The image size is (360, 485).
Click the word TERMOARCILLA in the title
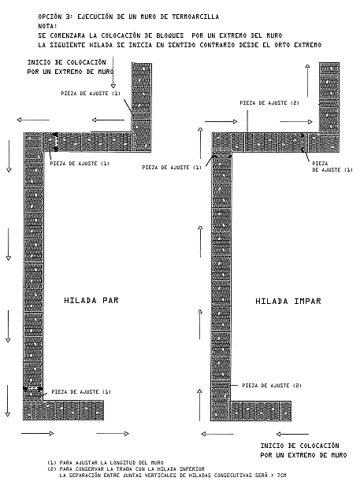[x=195, y=17]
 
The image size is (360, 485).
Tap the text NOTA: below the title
[x=48, y=26]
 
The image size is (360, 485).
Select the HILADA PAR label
[x=91, y=300]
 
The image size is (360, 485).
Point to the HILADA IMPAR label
[x=288, y=301]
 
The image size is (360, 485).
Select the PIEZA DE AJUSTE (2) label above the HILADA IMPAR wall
[x=269, y=103]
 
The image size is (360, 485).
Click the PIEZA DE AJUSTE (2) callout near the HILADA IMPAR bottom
[x=272, y=386]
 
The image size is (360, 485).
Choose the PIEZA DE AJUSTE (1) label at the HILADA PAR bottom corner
[x=81, y=391]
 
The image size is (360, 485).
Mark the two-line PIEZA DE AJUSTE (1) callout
[x=332, y=166]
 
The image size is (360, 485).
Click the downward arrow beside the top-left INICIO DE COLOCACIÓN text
[x=113, y=72]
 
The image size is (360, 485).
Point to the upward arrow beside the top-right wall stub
[x=307, y=80]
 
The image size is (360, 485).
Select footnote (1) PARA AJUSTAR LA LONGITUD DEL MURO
[x=106, y=463]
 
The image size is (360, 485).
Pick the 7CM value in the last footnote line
[x=281, y=475]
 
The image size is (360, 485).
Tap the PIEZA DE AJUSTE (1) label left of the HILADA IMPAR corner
[x=172, y=168]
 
